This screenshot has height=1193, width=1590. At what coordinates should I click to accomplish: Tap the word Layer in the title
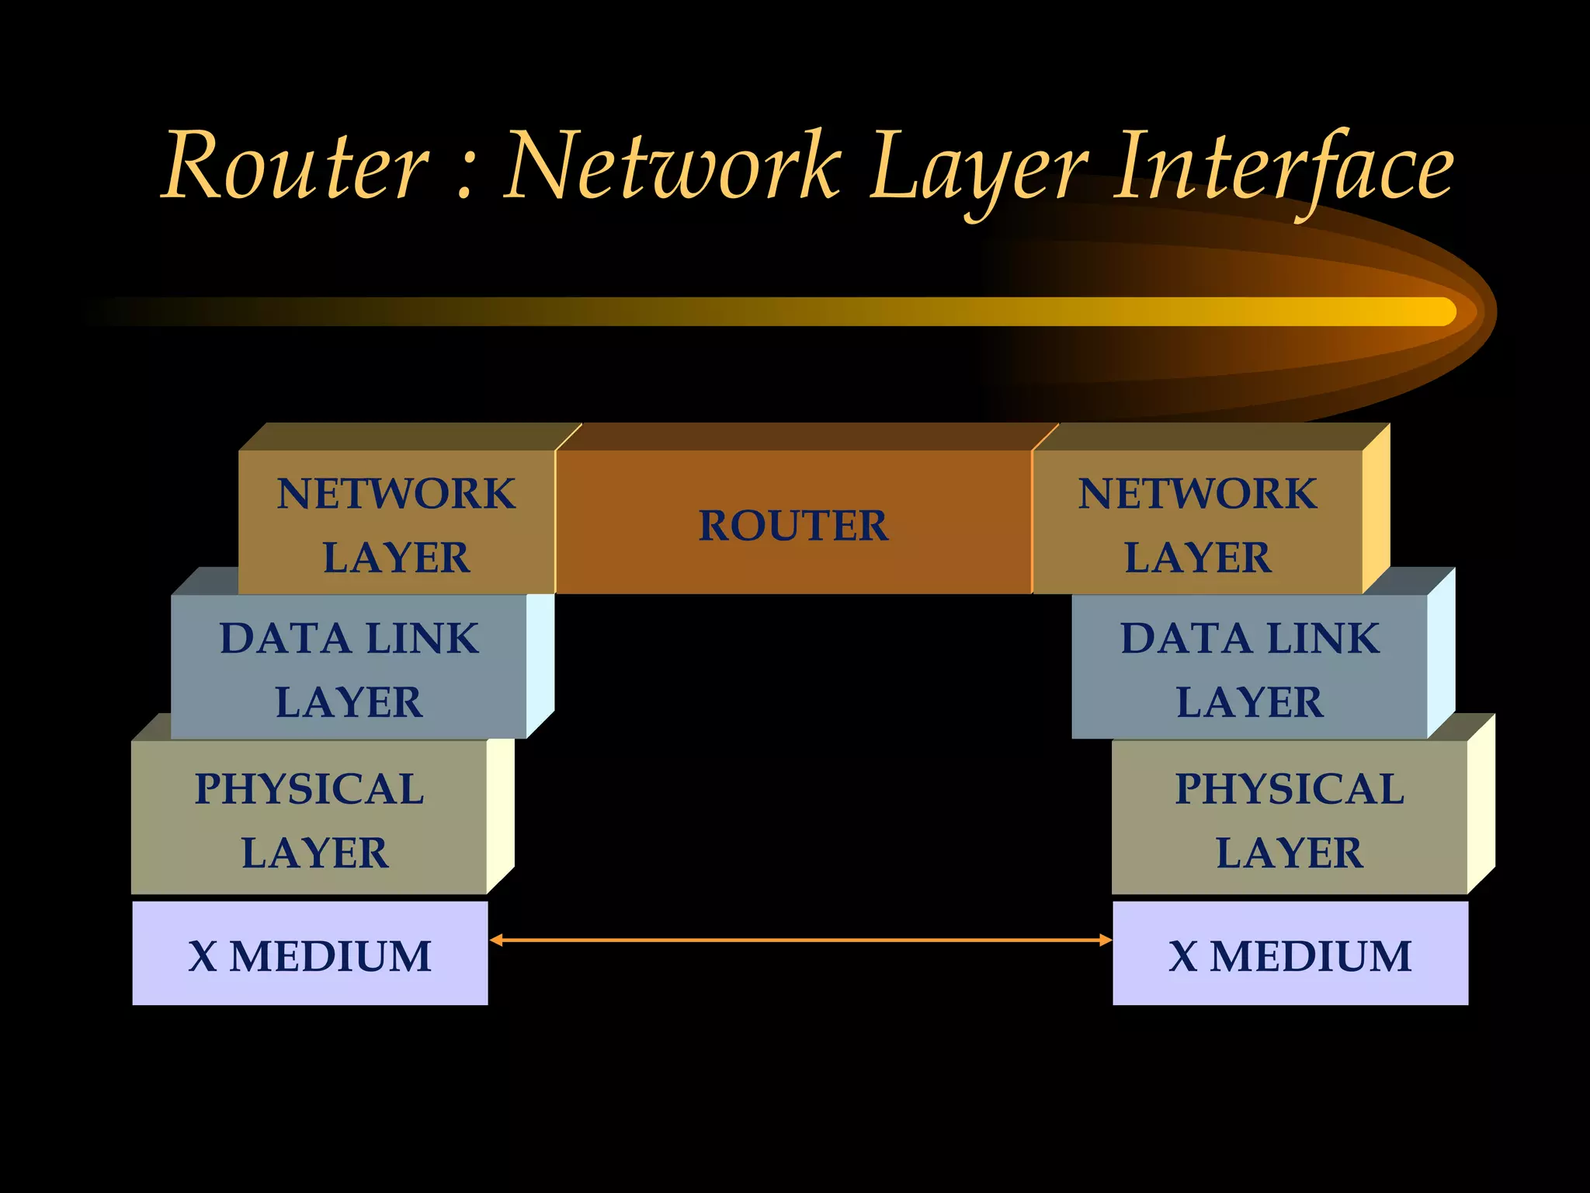(x=978, y=169)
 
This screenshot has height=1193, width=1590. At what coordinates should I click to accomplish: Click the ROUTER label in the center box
(x=793, y=526)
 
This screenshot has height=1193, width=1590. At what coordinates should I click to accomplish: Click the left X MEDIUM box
(x=310, y=954)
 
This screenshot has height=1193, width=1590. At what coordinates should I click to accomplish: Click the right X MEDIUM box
(x=1290, y=954)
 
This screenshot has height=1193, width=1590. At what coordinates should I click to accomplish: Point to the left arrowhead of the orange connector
(x=495, y=941)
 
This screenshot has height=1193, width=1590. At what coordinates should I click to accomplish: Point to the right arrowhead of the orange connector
(x=1106, y=941)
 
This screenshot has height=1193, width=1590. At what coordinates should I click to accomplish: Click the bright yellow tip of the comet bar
(x=1436, y=311)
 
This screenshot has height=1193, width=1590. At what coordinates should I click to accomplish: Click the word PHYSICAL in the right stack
(x=1290, y=789)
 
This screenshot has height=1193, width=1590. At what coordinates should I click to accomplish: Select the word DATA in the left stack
(x=285, y=638)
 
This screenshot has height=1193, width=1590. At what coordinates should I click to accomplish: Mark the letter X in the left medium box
(x=203, y=955)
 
